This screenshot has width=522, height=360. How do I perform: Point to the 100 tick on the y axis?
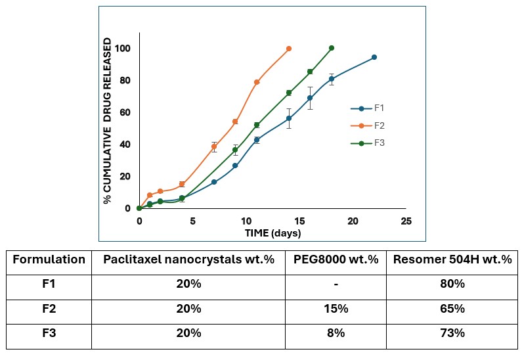coord(122,49)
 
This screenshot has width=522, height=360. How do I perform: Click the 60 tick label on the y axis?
coord(124,112)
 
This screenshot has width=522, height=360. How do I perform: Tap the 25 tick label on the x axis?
coord(406,221)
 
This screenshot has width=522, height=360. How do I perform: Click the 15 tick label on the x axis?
coord(299,221)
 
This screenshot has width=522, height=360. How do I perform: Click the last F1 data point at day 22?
coord(374,57)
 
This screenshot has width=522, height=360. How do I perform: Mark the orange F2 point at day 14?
coord(289,49)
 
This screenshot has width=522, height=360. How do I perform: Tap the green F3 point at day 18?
coord(332,48)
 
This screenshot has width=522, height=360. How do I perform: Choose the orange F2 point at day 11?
coord(257,82)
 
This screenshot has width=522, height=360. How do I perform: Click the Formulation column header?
coord(49,259)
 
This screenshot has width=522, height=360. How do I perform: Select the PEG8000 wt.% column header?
coord(335,259)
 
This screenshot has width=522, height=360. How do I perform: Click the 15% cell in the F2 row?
coord(335,309)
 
